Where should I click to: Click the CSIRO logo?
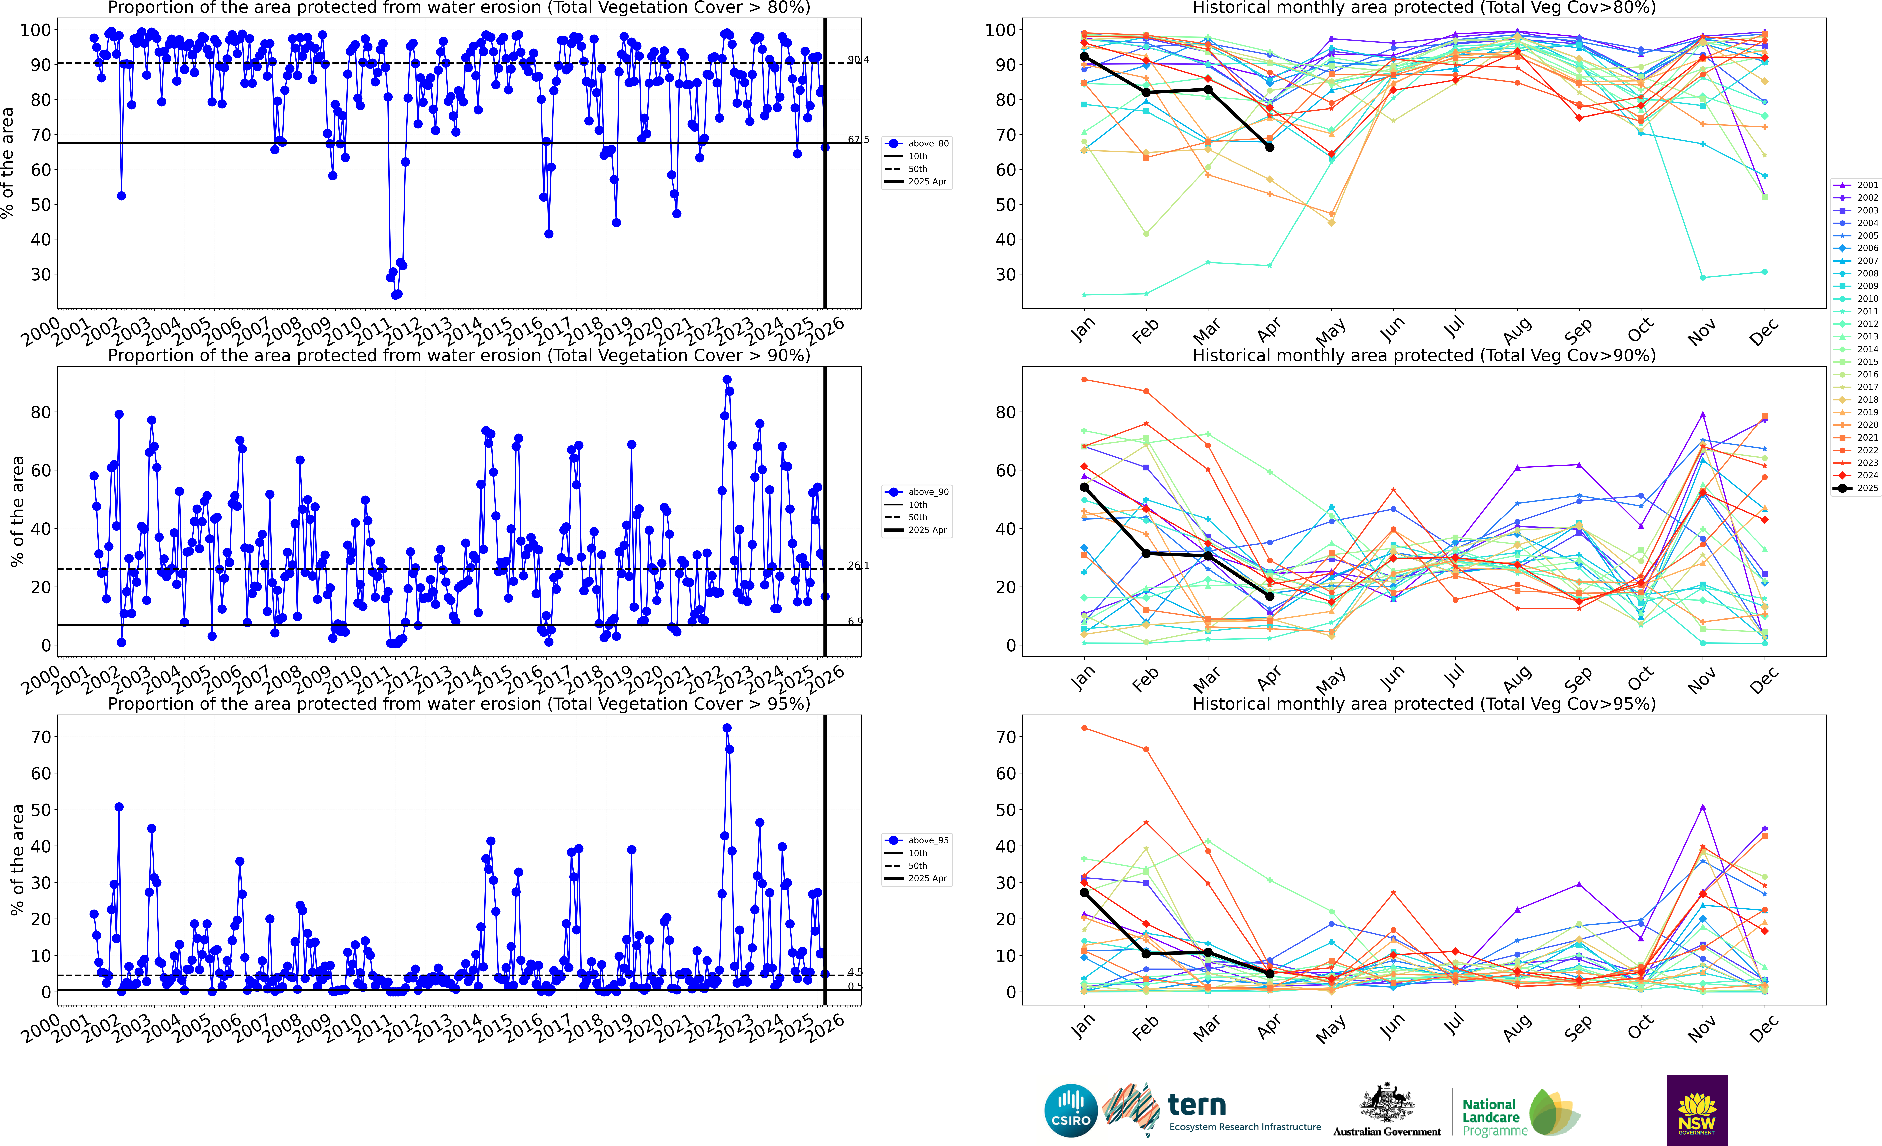click(x=1071, y=1110)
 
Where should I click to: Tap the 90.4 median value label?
click(x=858, y=60)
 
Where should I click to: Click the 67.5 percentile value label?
click(x=858, y=140)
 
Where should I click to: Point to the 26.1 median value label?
click(x=858, y=565)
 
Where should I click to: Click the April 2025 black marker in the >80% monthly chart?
click(x=1269, y=147)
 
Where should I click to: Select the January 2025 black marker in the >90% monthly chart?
click(x=1084, y=487)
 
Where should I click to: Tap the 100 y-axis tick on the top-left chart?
click(x=35, y=30)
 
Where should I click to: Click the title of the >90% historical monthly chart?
click(x=1424, y=355)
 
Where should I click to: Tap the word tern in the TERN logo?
click(x=1197, y=1105)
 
